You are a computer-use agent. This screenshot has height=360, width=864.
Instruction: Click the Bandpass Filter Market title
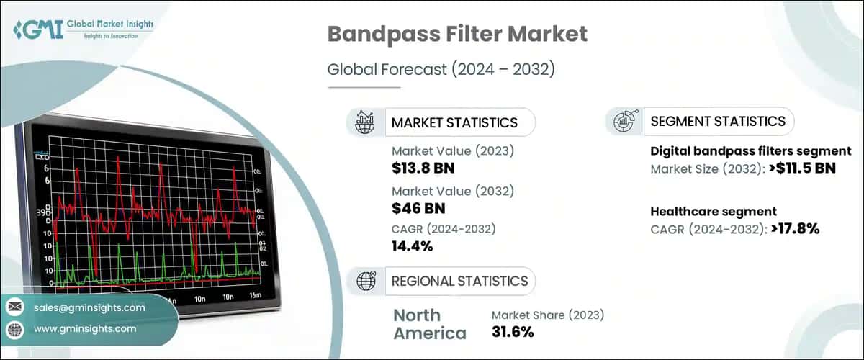(x=458, y=34)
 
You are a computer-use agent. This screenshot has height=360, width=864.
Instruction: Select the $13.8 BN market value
(x=423, y=168)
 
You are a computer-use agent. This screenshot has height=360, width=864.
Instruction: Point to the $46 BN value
(x=418, y=208)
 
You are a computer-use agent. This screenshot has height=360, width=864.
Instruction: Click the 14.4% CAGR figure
(x=412, y=246)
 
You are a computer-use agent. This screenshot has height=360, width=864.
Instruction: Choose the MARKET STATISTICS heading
(x=454, y=122)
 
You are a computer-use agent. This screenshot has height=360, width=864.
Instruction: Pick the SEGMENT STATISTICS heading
(x=718, y=121)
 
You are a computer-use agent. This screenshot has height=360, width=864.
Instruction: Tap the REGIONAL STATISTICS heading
(x=459, y=281)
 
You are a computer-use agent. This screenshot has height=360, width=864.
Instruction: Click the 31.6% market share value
(x=513, y=332)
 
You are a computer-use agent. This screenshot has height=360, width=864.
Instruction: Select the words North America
(x=429, y=324)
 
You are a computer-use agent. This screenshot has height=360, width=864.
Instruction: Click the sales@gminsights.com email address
(x=89, y=307)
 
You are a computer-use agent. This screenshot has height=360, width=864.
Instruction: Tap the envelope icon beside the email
(x=14, y=307)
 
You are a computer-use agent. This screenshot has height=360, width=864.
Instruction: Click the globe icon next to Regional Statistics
(x=364, y=281)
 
